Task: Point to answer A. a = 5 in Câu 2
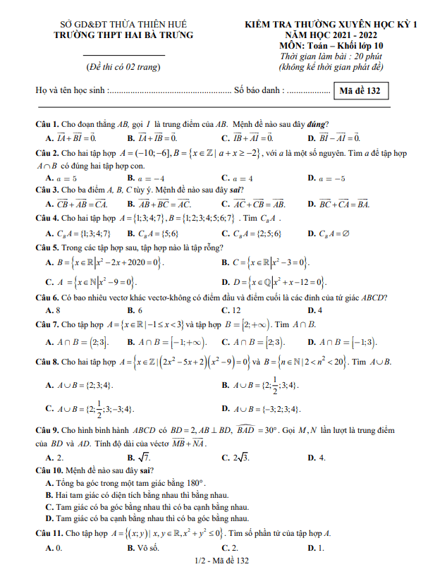coord(61,178)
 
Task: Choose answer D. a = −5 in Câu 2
coord(326,178)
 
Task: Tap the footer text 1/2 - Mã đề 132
coord(223,561)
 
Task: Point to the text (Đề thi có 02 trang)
coord(123,67)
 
